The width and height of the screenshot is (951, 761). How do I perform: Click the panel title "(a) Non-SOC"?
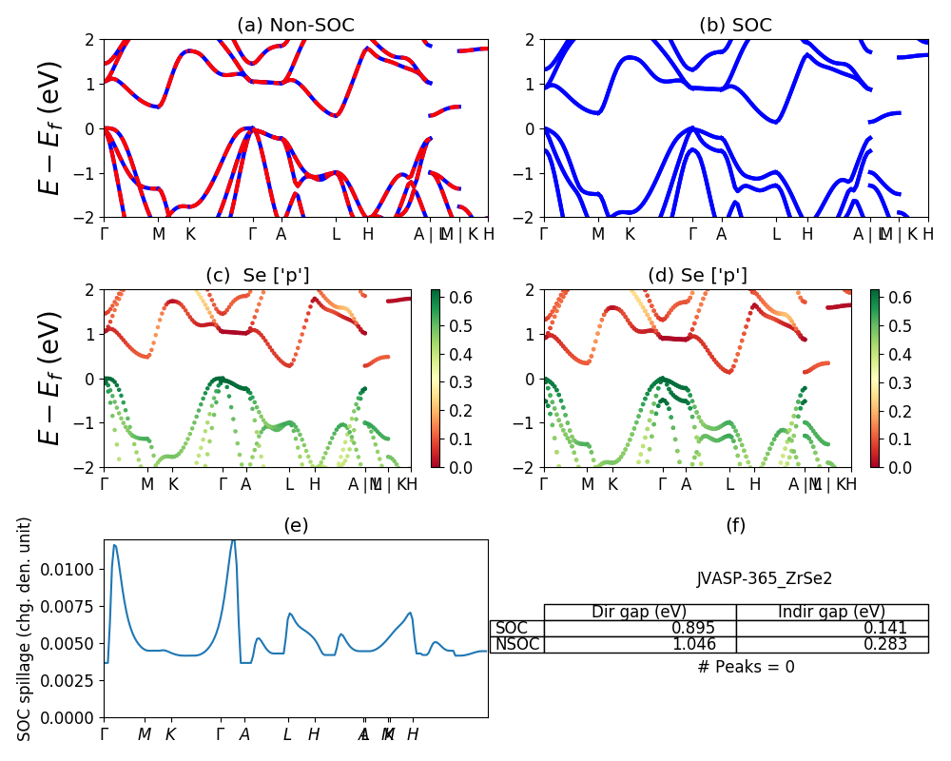click(296, 26)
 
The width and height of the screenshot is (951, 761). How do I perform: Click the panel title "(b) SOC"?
click(735, 26)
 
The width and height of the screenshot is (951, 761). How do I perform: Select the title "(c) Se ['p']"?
click(257, 276)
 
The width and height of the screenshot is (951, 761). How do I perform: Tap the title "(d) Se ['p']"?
click(697, 276)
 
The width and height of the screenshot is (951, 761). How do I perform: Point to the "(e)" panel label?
click(296, 526)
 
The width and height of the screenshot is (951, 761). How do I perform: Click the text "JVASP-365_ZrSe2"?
click(765, 578)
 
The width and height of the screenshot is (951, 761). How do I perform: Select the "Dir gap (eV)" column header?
click(639, 612)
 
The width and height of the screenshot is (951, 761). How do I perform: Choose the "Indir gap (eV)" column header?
click(831, 612)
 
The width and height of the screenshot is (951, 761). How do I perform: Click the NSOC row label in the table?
click(517, 644)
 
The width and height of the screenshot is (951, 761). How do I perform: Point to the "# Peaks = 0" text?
click(746, 667)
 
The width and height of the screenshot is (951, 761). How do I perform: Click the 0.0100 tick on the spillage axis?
click(70, 569)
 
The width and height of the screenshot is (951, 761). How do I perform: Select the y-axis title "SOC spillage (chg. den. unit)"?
click(26, 628)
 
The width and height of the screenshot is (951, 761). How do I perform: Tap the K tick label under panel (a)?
click(190, 234)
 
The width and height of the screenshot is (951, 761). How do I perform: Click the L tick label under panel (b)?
click(776, 234)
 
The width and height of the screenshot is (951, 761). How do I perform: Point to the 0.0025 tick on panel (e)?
click(70, 681)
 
